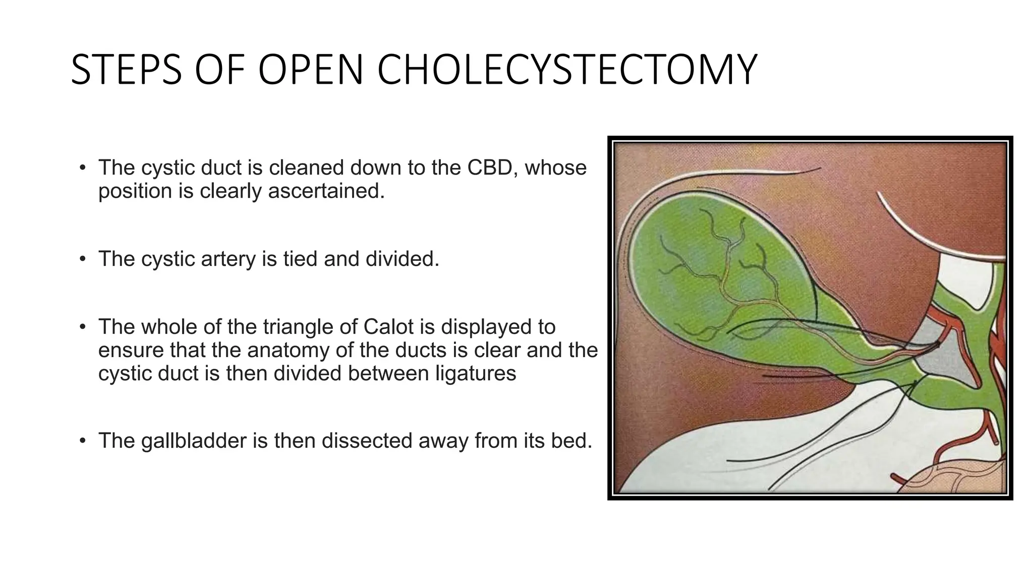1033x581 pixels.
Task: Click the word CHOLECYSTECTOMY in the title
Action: [567, 70]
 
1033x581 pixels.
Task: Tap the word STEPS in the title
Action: [126, 70]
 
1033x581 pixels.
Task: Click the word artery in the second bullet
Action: [232, 259]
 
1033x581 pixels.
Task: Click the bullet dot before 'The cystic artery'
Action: [83, 259]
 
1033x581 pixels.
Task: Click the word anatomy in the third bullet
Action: [286, 351]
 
